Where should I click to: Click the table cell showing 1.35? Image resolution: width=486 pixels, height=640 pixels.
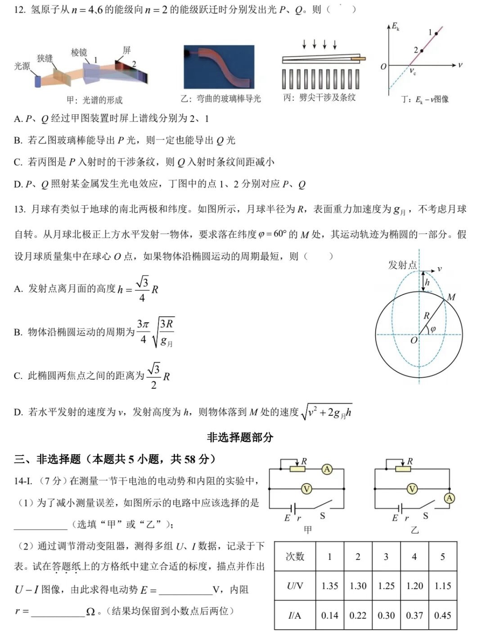[329, 586]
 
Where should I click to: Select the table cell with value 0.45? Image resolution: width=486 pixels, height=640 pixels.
[442, 615]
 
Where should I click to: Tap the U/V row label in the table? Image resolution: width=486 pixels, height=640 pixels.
[295, 586]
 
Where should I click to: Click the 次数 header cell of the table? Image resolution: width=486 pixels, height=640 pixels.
[295, 557]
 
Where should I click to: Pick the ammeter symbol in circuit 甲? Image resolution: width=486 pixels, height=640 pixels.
[327, 469]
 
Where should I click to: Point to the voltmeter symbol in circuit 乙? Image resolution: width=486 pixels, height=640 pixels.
[412, 489]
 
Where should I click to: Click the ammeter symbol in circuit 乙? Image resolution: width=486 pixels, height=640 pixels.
[449, 498]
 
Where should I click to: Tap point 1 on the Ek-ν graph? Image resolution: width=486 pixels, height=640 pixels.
[436, 34]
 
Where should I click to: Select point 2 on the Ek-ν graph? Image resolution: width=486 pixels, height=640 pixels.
[422, 50]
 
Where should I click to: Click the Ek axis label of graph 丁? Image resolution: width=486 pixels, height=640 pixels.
[395, 26]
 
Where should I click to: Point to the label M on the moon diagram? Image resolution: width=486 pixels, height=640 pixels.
[451, 297]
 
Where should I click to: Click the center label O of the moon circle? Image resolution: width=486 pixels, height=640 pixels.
[414, 341]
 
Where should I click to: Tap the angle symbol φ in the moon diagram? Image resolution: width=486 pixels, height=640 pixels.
[433, 329]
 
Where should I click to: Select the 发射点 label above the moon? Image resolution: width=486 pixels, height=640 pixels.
[402, 265]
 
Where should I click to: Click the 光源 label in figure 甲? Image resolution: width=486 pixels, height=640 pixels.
[22, 66]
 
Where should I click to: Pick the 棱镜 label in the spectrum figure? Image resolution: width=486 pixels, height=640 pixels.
[79, 53]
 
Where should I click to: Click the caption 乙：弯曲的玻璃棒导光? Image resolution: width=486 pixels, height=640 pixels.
[220, 99]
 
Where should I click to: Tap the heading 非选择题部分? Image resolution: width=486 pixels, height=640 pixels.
[240, 437]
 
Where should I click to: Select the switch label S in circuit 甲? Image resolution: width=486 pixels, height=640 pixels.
[322, 516]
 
